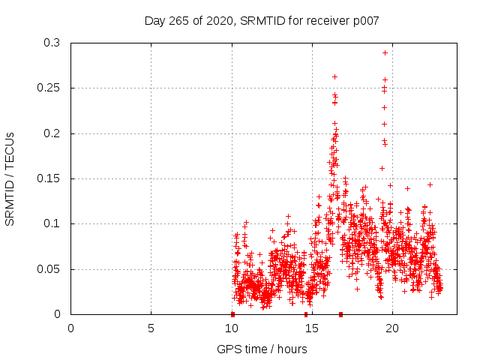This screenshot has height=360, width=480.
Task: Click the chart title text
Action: coord(262,20)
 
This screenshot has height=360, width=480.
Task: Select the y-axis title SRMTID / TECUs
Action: coord(10,178)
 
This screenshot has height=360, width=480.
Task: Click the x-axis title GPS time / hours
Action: coord(262,349)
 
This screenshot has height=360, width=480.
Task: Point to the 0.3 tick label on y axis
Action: coord(51,43)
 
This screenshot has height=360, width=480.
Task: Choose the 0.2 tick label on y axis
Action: coord(51,133)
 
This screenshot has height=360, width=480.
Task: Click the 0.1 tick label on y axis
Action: coord(51,223)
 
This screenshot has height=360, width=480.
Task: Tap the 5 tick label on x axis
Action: coord(151,328)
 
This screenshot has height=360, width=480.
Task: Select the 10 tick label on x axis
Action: coord(232,328)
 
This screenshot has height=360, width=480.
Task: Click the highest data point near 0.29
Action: coord(385,52)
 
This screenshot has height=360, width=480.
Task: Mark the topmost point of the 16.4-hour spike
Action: coord(334,76)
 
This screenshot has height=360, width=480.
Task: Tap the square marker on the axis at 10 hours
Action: coord(232,314)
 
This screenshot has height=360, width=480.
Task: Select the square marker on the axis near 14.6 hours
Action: coord(305,314)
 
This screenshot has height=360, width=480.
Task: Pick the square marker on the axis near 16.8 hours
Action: coord(341,314)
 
